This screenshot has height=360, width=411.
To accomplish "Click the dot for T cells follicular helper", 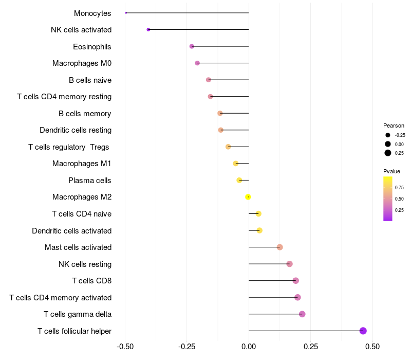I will coord(363,331).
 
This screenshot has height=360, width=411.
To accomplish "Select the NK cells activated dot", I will coord(148,30).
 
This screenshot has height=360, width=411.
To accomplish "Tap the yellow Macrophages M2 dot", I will coord(248,197).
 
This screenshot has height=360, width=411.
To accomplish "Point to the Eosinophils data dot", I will coord(192,46).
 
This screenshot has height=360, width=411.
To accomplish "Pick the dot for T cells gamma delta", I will coord(302,314).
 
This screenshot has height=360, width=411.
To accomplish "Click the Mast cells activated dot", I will coord(279,247).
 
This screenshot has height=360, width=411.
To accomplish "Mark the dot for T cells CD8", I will coord(295,281).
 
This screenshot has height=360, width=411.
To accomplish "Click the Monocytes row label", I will coord(92,13).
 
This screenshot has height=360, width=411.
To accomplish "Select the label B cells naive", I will coord(90,80).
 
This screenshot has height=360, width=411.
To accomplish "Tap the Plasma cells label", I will coord(90,181).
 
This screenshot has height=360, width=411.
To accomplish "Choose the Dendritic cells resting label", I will coord(76,130).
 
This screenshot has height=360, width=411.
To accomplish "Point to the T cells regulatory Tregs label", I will coord(69,147).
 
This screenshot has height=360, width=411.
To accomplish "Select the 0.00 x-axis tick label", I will coord(249,347).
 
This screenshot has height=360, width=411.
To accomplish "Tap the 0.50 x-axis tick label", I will coord(372,347).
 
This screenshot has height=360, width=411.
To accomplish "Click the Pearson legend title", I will coord(394,125).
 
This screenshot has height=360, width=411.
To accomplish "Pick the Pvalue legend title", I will coord(391,171).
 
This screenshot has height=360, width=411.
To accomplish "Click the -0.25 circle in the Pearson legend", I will coord(388,135).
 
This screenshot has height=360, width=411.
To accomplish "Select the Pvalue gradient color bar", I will coord(388,199).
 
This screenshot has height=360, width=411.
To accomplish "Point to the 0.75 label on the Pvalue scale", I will coord(399,187).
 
